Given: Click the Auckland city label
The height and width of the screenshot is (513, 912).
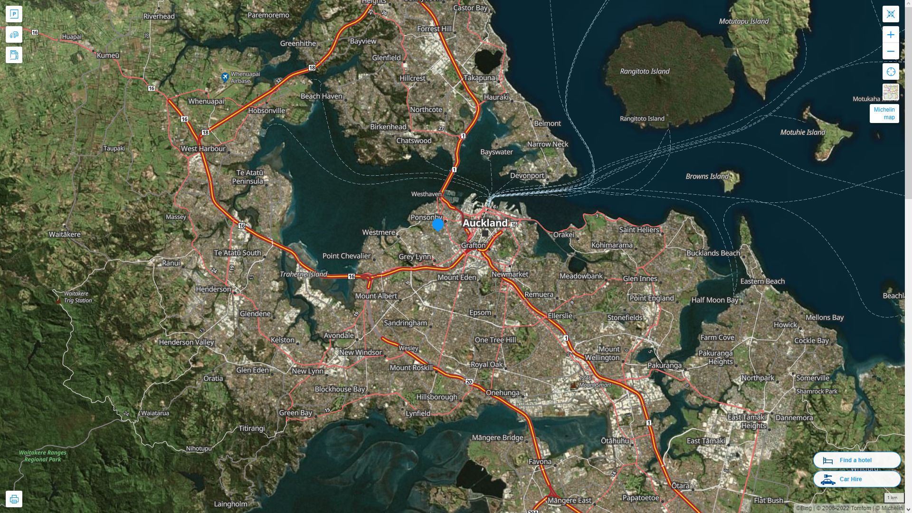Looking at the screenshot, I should (x=485, y=223).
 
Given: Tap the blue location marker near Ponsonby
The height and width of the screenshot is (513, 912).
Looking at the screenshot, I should (x=438, y=224).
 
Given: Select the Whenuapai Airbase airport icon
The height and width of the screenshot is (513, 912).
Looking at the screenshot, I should (x=226, y=77).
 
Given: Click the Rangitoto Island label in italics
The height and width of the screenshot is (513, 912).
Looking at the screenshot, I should (x=645, y=71).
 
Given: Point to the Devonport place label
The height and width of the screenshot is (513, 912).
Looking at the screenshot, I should (x=527, y=175).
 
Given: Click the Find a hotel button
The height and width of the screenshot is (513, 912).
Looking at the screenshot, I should (x=856, y=460).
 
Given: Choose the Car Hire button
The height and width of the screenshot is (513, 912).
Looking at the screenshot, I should (x=856, y=479).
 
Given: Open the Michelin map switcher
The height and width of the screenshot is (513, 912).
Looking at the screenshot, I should (x=884, y=114).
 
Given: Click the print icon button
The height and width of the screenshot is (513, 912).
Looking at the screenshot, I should (x=14, y=499).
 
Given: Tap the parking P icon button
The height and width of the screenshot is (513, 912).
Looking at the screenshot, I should (x=14, y=14).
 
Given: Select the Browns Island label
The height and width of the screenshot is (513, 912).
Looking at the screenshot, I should (x=707, y=176).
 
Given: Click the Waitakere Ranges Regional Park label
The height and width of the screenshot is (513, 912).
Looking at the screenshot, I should (x=43, y=456).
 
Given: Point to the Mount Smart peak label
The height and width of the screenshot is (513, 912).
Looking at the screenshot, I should (x=595, y=385).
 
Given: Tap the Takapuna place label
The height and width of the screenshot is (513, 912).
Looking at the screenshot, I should (x=479, y=78).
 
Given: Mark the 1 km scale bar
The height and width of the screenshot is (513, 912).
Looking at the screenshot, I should (x=892, y=498).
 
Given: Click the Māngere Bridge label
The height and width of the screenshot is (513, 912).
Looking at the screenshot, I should (x=497, y=437).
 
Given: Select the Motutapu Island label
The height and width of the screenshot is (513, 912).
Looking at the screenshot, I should (x=743, y=21).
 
